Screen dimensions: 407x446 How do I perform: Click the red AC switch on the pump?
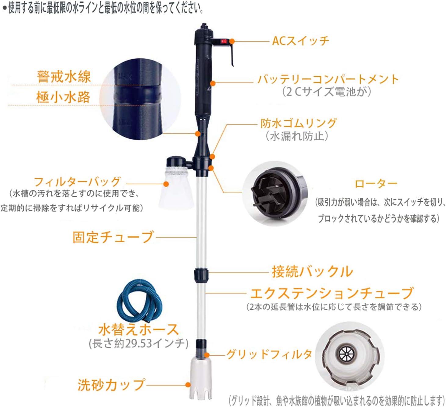click(224, 41)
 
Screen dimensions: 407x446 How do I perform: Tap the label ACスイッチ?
click(300, 41)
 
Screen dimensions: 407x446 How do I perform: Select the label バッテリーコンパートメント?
click(328, 79)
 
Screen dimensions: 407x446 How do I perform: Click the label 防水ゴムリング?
click(298, 123)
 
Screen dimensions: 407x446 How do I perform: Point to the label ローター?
click(376, 184)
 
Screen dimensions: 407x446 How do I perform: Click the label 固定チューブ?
click(113, 237)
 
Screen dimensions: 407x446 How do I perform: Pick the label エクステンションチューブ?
click(332, 293)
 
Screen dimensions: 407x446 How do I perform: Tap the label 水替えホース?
click(138, 330)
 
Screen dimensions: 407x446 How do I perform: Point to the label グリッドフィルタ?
click(269, 354)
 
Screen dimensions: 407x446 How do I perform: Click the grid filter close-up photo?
click(350, 355)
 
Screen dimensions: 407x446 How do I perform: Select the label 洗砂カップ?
click(111, 385)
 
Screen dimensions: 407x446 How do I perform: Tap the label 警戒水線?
click(64, 76)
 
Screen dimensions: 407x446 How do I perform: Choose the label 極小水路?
click(63, 97)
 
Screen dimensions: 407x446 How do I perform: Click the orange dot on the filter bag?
click(166, 184)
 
